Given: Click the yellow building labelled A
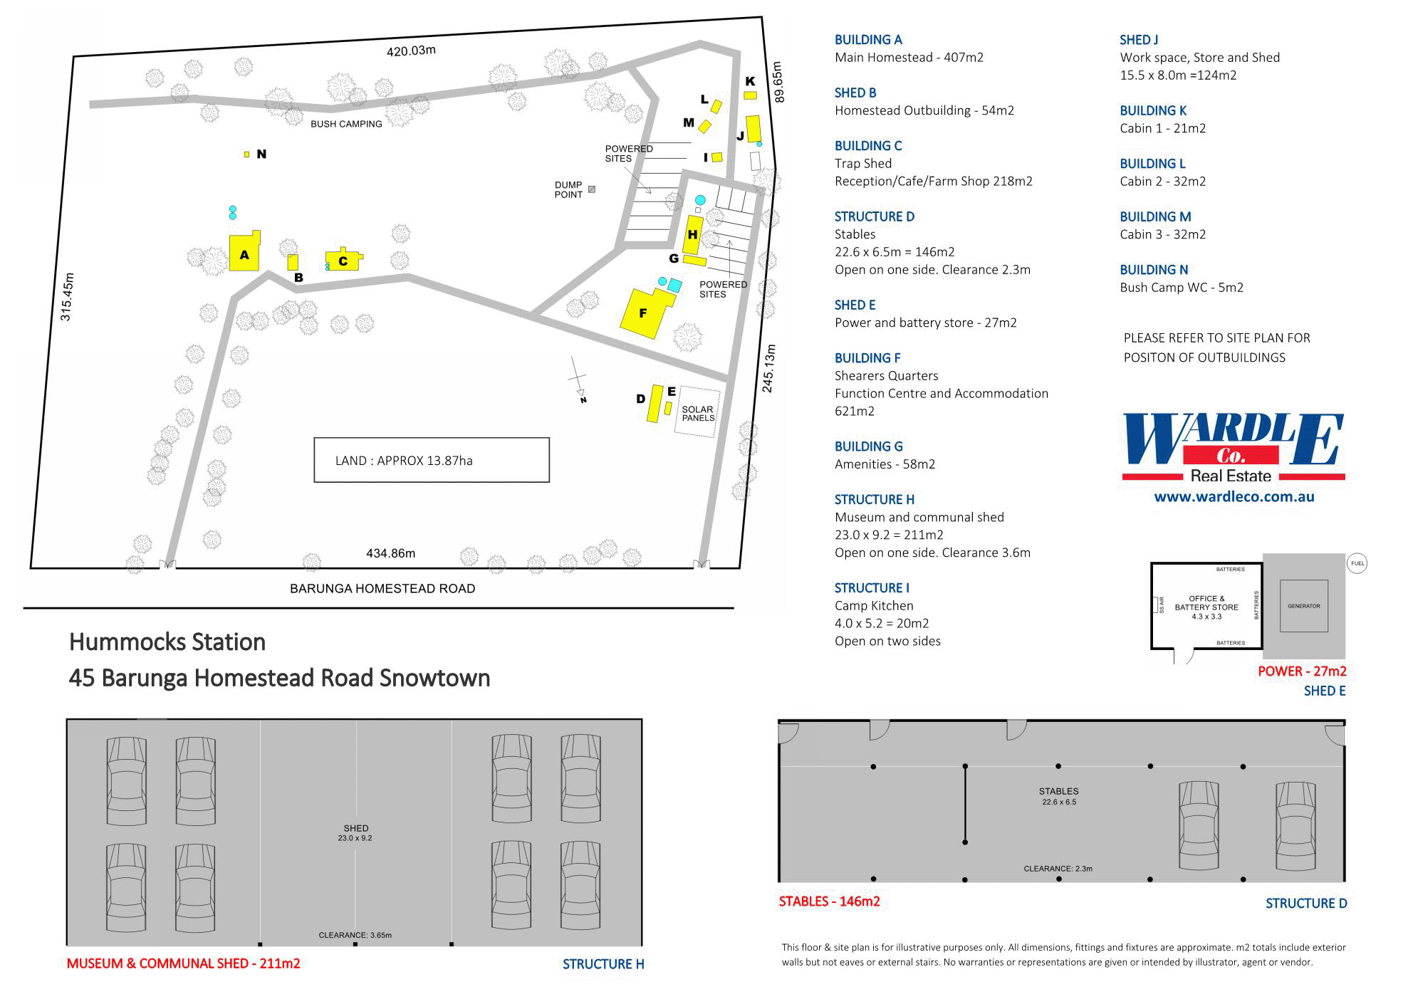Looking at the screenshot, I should click(244, 254).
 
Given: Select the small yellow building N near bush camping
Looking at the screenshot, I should click(246, 154).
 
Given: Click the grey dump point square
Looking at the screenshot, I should click(591, 189).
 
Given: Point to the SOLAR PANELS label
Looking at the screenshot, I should click(697, 413).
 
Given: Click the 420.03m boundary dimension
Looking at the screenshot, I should click(411, 51).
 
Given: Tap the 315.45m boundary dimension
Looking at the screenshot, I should click(66, 297).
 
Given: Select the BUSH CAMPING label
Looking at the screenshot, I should click(346, 124).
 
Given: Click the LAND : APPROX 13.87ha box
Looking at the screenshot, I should click(432, 460).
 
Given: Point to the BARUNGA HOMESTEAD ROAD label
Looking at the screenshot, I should click(382, 588).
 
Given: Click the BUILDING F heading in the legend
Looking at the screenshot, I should click(867, 358).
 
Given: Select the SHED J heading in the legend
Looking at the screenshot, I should click(1139, 40).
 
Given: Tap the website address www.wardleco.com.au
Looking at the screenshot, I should click(1234, 497).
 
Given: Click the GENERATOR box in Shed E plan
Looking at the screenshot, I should click(1303, 606).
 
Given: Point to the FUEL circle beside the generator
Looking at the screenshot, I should click(1357, 563).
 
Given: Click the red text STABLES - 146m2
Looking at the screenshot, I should click(829, 901).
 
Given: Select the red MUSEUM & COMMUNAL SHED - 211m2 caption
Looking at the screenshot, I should click(183, 963).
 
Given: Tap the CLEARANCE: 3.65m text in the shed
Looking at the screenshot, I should click(355, 935).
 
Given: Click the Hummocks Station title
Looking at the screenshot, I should click(167, 642).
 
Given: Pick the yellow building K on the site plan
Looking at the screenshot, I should click(750, 95).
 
